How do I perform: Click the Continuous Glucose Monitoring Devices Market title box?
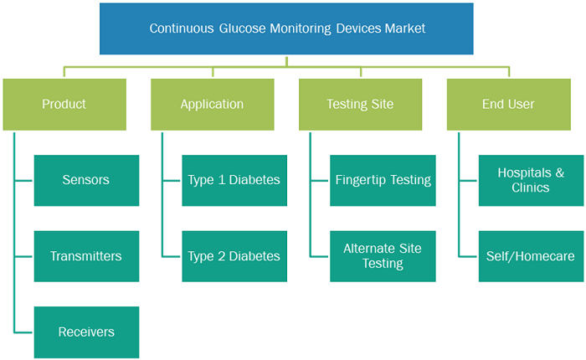click(286, 28)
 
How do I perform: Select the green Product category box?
click(64, 105)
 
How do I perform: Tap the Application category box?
click(213, 105)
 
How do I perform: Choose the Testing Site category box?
click(360, 105)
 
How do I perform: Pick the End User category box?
click(509, 105)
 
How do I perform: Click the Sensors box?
click(86, 181)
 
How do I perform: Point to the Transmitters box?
click(86, 256)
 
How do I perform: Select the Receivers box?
click(86, 332)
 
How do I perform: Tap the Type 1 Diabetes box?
click(234, 181)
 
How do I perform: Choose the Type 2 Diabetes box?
click(234, 256)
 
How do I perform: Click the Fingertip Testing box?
click(383, 181)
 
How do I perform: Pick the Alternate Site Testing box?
click(383, 256)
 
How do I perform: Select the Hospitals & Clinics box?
click(531, 181)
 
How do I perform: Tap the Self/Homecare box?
click(531, 256)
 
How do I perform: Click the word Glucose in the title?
click(242, 28)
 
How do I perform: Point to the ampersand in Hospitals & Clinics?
click(559, 172)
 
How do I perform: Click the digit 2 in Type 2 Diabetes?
click(222, 256)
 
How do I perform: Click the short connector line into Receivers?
click(24, 332)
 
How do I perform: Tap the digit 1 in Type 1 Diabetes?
click(222, 180)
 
